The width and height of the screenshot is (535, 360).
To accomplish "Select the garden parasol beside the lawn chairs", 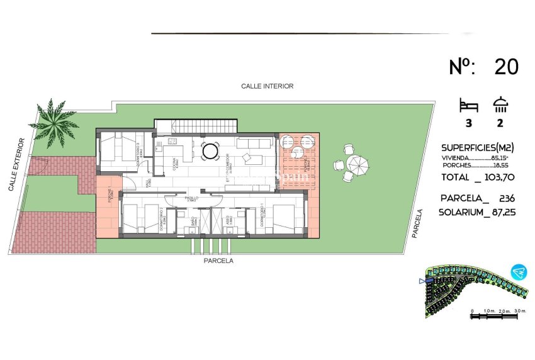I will pos(358,166).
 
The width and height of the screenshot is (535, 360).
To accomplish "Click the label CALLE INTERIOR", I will pos(267,86).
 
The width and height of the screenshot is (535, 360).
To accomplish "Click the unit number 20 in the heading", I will pos(506,67).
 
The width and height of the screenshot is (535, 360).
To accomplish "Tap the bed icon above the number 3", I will pos(469,104).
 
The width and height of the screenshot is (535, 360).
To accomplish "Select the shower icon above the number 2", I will pos(502,104).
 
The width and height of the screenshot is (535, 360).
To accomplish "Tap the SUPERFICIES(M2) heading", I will pos(478,147).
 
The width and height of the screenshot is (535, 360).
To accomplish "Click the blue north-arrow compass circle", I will pos(519,271).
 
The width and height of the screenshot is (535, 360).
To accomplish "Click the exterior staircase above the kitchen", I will pos(196,126).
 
